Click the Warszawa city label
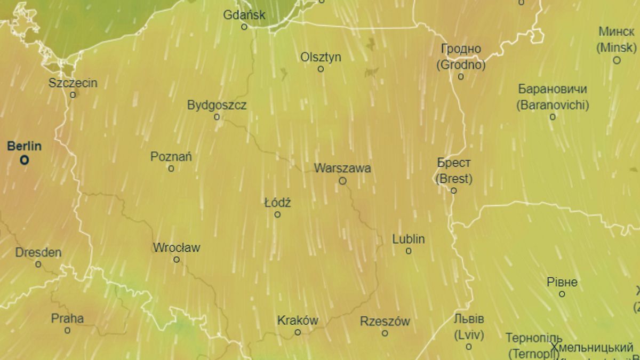pyautogui.click(x=342, y=169)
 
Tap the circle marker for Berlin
pyautogui.click(x=24, y=160)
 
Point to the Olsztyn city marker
pyautogui.click(x=321, y=69)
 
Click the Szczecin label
pyautogui.click(x=73, y=83)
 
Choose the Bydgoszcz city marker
pyautogui.click(x=217, y=117)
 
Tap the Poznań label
pyautogui.click(x=171, y=157)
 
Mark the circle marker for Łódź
pyautogui.click(x=277, y=214)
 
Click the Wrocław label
pyautogui.click(x=177, y=248)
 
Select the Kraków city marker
pyautogui.click(x=298, y=332)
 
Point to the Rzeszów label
pyautogui.click(x=385, y=322)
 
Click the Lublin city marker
pyautogui.click(x=409, y=251)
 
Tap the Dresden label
pyautogui.click(x=38, y=253)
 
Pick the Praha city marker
pyautogui.click(x=67, y=331)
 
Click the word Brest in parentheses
pyautogui.click(x=454, y=179)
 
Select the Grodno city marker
pyautogui.click(x=461, y=77)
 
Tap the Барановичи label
pyautogui.click(x=553, y=89)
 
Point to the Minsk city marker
pyautogui.click(x=617, y=60)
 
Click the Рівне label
pyautogui.click(x=562, y=283)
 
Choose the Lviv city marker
pyautogui.click(x=469, y=347)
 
